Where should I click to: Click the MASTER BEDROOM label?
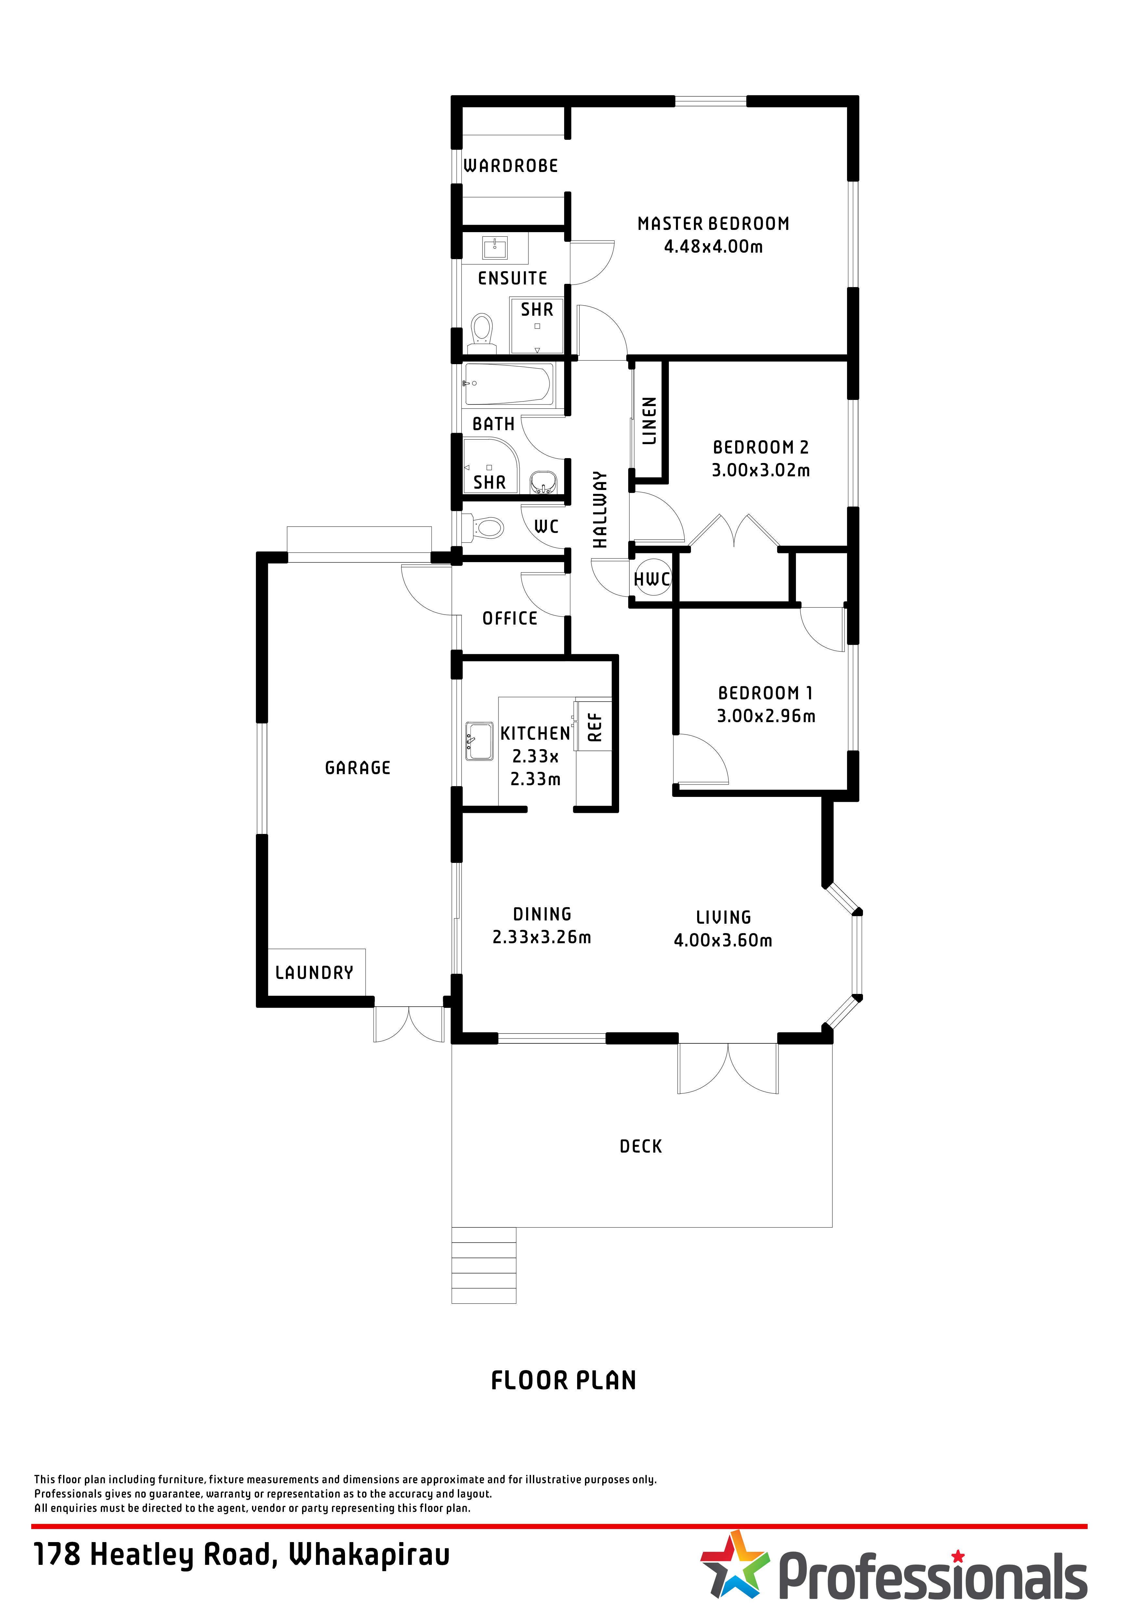pyautogui.click(x=713, y=224)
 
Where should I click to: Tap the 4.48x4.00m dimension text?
pyautogui.click(x=713, y=246)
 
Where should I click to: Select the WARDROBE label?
pyautogui.click(x=511, y=166)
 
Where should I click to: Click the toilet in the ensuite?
pyautogui.click(x=482, y=334)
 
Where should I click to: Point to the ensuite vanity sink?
pyautogui.click(x=495, y=248)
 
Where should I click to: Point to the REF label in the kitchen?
pyautogui.click(x=595, y=727)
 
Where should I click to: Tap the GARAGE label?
pyautogui.click(x=358, y=768)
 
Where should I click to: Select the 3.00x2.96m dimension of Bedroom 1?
pyautogui.click(x=766, y=716)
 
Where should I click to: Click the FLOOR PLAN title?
pyautogui.click(x=564, y=1380)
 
